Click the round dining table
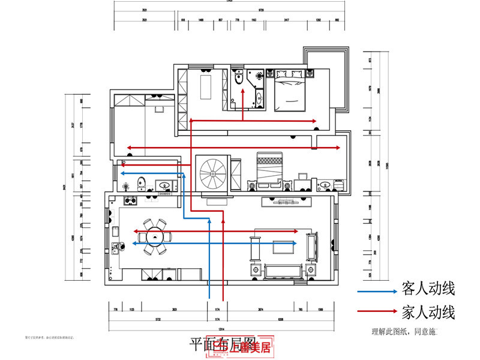tap(155, 236)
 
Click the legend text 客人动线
tap(429, 290)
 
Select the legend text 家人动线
tap(429, 311)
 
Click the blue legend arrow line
tap(377, 292)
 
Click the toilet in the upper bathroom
tap(238, 77)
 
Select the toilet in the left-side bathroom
tap(140, 183)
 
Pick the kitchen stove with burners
tap(130, 200)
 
